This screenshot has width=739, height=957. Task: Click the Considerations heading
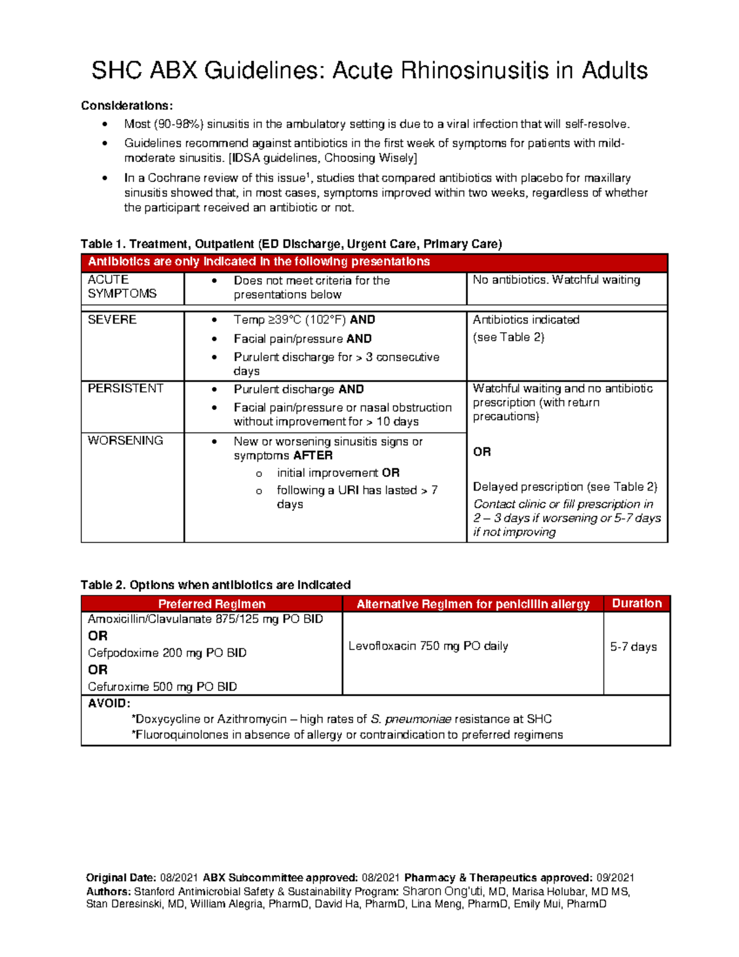(127, 105)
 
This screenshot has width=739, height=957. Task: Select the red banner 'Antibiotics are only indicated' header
(259, 262)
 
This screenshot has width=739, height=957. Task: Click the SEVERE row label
(112, 320)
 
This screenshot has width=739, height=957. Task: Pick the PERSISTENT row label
(126, 388)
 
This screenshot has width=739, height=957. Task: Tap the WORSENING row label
(126, 441)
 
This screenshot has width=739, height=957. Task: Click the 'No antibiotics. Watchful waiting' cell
(556, 280)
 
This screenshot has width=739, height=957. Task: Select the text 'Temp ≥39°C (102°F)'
(290, 320)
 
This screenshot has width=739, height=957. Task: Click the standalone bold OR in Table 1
(482, 452)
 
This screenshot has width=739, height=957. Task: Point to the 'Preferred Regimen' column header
(211, 604)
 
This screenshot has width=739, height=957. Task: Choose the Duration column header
(636, 603)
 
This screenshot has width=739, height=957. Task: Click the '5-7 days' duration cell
(633, 646)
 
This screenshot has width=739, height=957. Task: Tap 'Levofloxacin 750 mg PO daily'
(428, 646)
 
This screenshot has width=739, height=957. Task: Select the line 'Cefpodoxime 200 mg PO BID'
(167, 653)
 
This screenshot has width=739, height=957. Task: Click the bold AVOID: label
(109, 703)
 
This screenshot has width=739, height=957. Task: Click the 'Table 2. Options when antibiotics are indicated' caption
(216, 585)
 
